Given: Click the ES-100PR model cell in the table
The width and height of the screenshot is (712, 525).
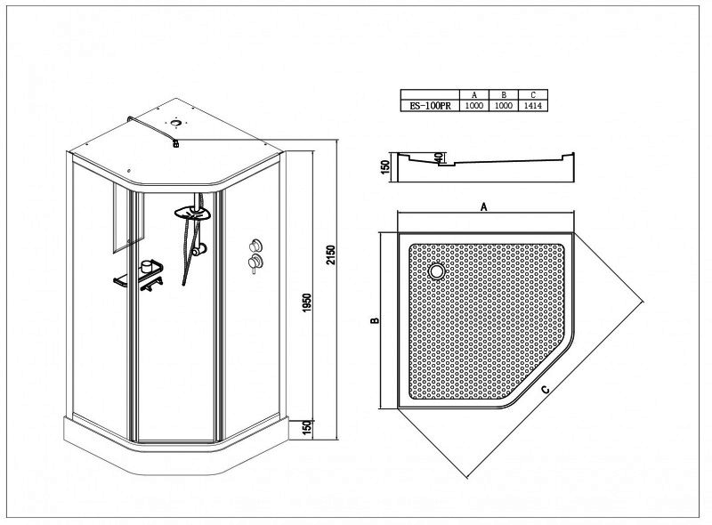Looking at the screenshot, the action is tap(430, 106).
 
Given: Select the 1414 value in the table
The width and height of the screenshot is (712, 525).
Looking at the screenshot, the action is tap(533, 106).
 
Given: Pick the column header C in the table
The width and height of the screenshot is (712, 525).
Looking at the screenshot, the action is tap(533, 95).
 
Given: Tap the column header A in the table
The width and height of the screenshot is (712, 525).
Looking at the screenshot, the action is tap(474, 95).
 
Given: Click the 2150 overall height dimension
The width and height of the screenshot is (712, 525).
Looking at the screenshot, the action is tap(331, 255).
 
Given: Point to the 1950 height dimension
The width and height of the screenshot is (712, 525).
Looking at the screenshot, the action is tap(307, 303).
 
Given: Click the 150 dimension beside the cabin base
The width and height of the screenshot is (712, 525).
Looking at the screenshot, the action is tap(307, 428).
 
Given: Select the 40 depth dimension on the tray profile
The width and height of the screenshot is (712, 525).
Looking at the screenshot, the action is tap(438, 157).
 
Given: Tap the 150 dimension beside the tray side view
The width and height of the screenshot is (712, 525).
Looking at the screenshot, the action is tap(385, 167).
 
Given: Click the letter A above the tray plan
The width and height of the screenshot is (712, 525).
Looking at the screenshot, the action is tap(484, 207).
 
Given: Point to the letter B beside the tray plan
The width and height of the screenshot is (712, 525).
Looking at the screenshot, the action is tap(375, 320).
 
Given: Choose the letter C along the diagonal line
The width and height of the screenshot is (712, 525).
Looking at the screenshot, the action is tap(546, 389).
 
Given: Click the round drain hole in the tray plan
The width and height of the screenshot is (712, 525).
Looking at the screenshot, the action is tap(437, 271).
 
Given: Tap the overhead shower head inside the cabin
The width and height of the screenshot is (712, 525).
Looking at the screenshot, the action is tap(193, 213).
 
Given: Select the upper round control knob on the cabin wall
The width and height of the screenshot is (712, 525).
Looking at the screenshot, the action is tap(255, 246).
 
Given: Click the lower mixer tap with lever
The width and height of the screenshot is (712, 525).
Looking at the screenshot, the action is tap(255, 263).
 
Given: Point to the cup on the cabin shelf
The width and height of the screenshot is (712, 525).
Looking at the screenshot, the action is tap(147, 266).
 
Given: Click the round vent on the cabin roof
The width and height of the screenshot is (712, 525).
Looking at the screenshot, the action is tap(175, 122).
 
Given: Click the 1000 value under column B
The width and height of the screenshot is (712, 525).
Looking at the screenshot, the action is tap(504, 106).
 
